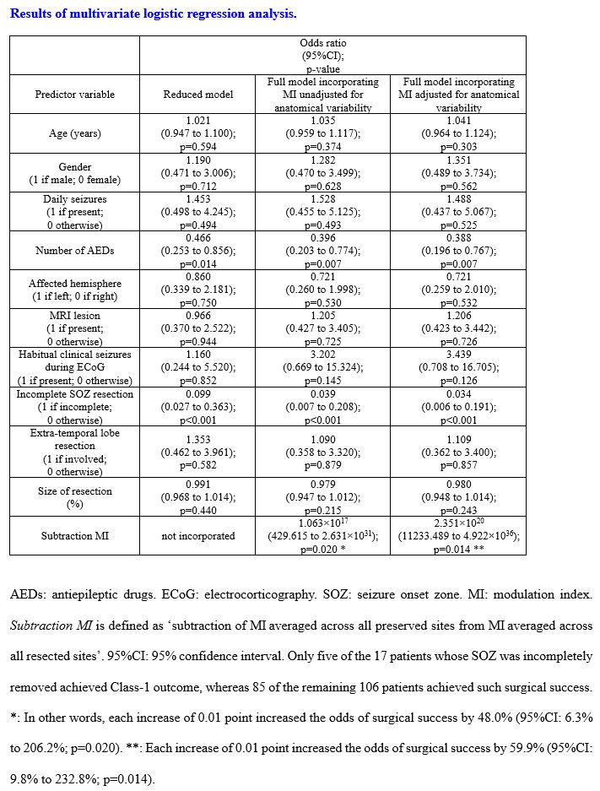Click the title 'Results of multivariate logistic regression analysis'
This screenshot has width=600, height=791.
pyautogui.click(x=153, y=14)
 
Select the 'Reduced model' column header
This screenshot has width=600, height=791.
pyautogui.click(x=197, y=95)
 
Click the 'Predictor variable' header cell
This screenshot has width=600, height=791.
pyautogui.click(x=74, y=95)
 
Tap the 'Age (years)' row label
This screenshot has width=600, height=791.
pyautogui.click(x=74, y=133)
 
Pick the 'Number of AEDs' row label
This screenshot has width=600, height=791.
pyautogui.click(x=74, y=251)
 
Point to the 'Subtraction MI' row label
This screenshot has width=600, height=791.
pyautogui.click(x=74, y=536)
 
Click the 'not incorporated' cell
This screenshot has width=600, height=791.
pyautogui.click(x=197, y=536)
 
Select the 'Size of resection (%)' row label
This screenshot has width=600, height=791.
pyautogui.click(x=74, y=497)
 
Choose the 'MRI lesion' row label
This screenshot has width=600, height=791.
pyautogui.click(x=74, y=328)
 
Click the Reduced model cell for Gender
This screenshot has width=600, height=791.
pyautogui.click(x=197, y=173)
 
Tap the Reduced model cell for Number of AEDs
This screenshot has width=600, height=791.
pyautogui.click(x=197, y=251)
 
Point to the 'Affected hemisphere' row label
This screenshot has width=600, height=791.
pyautogui.click(x=74, y=290)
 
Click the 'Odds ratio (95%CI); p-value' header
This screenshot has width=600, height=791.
pyautogui.click(x=322, y=56)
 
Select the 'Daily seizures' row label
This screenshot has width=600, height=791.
pyautogui.click(x=74, y=212)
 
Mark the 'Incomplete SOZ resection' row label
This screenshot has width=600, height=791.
pyautogui.click(x=74, y=407)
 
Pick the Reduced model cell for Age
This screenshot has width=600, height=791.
pyautogui.click(x=197, y=133)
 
